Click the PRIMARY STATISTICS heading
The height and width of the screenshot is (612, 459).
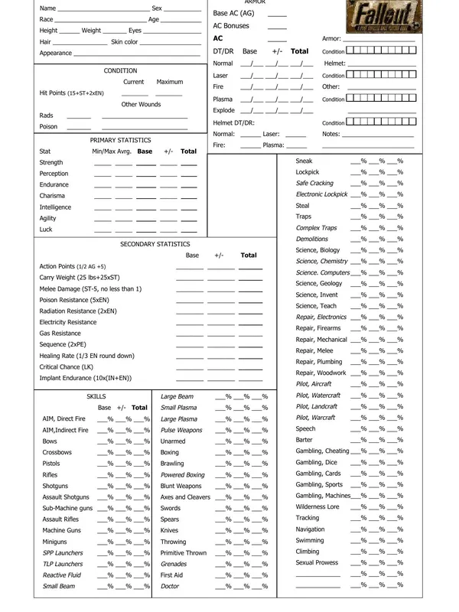120,141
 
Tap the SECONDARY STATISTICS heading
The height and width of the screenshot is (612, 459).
155,244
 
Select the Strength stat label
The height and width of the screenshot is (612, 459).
51,163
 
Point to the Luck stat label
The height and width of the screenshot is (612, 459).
46,229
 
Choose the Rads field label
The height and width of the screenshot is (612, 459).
46,116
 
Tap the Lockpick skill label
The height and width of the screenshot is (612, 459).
308,172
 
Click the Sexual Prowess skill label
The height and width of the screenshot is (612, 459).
317,562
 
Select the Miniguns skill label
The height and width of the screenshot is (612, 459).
57,542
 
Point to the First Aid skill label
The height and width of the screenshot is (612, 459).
172,575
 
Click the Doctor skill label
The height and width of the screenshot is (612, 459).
170,586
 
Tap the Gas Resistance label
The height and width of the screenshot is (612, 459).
60,334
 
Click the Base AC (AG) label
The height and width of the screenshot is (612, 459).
233,14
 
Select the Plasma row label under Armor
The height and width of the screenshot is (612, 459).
223,99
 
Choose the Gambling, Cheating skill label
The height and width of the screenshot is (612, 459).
322,451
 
